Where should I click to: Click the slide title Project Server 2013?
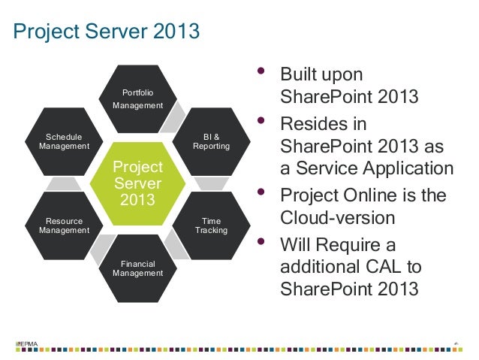coord(107,32)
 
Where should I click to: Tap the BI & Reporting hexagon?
coord(211,141)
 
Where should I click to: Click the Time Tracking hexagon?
coord(211,225)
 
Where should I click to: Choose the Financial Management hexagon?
coord(137,268)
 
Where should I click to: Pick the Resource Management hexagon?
coord(64,225)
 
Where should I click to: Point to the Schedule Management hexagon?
coord(64,141)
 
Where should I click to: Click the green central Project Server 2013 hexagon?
coord(137,183)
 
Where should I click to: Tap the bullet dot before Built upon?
coord(261,73)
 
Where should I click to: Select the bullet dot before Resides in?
coord(261,121)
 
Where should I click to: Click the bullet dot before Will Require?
coord(261,241)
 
